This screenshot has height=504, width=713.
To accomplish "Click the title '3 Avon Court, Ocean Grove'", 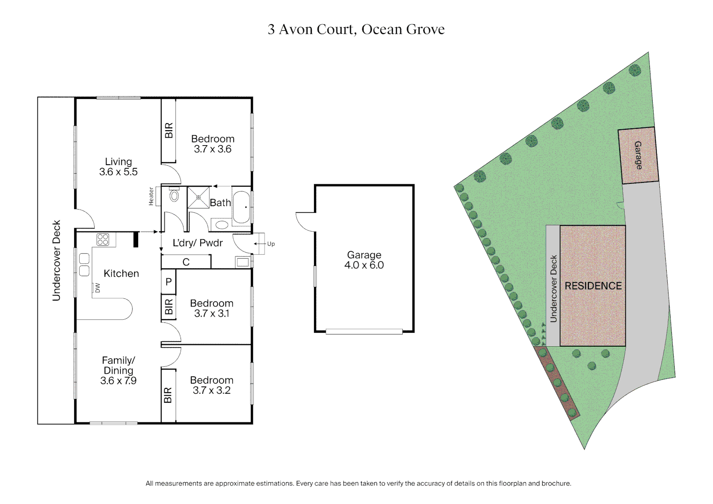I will click(356, 29).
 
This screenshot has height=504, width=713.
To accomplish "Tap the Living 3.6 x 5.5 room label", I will click(118, 167).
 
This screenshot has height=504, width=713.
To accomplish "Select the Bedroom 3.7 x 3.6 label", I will click(213, 144).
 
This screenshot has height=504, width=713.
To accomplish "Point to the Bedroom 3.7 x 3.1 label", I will click(212, 308).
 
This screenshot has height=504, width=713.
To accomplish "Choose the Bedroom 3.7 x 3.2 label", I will click(212, 385).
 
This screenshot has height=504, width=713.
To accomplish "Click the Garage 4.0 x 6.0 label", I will click(364, 260).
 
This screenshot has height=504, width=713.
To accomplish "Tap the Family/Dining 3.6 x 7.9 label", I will click(118, 371).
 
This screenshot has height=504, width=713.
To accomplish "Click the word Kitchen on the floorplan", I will click(121, 273).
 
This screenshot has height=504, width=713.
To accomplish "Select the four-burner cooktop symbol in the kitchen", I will click(103, 240).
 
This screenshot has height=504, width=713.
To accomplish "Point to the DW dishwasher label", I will click(98, 288).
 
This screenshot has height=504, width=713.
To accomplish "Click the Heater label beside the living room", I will click(151, 196).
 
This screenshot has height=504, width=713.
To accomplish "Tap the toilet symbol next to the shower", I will click(174, 195).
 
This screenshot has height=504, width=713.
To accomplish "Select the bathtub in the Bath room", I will click(241, 206).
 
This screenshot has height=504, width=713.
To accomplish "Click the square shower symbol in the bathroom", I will click(198, 197).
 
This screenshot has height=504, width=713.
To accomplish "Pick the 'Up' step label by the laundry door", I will click(271, 244).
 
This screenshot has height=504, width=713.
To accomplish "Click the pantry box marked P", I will click(168, 282).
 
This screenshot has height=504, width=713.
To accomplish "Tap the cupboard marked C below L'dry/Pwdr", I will click(186, 262).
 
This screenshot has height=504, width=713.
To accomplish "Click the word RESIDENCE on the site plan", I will click(593, 286).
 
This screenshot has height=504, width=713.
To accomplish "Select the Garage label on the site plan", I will click(638, 155).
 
